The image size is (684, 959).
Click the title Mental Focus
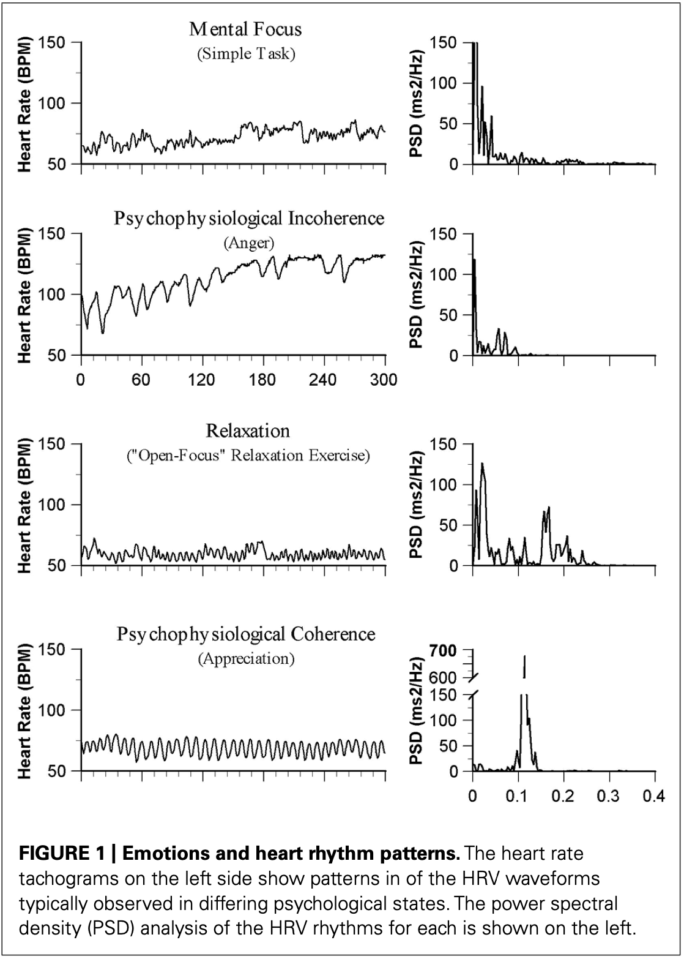[246, 29]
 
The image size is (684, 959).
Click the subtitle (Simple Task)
[246, 54]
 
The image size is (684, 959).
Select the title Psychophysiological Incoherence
[249, 219]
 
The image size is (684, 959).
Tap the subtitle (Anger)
[248, 243]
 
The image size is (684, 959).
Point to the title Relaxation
[248, 431]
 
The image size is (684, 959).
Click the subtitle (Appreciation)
[246, 659]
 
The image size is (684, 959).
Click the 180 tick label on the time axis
[262, 379]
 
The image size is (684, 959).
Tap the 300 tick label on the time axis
[384, 379]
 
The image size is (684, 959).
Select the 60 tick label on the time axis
[141, 379]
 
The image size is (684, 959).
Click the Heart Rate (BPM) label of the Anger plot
[25, 295]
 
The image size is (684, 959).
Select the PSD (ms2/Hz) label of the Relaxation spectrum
[417, 505]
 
